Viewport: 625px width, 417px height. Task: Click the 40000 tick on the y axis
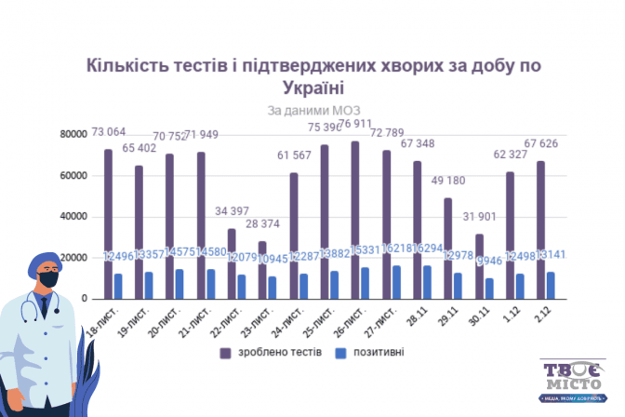coord(75,216)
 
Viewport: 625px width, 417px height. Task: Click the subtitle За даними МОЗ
coord(312,111)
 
